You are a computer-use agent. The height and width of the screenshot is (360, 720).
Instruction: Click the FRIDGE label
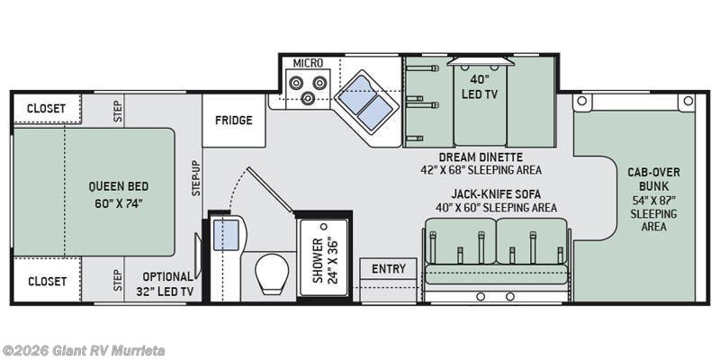234,121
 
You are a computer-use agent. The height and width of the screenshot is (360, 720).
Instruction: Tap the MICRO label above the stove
308,63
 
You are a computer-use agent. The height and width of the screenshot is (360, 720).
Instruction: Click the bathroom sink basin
225,235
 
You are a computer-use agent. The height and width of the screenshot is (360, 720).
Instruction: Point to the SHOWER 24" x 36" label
323,261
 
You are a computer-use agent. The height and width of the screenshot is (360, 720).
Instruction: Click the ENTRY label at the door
388,268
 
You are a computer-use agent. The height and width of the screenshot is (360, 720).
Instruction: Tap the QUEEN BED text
118,186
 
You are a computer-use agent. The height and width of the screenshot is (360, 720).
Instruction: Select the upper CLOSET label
46,108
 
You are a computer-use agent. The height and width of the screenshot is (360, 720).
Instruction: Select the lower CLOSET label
46,281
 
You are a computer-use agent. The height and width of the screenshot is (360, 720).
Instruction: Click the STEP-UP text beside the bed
195,177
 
